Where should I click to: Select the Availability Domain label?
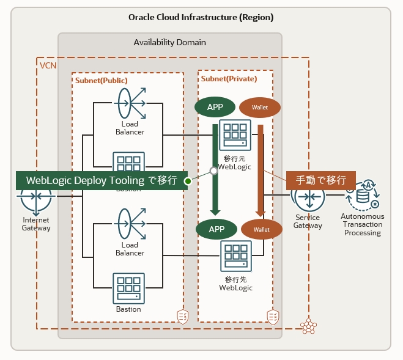point(169,43)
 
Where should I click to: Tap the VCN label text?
point(48,64)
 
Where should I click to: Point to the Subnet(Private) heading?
point(229,79)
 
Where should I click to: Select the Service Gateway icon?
point(308,196)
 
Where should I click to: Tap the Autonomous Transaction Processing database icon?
point(363,194)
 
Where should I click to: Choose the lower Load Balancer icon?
point(130,224)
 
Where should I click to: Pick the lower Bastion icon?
point(128,287)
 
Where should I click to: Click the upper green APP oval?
point(215,107)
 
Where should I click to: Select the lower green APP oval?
point(216,229)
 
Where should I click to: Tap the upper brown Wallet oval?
point(260,108)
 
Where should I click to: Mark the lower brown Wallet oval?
point(262,230)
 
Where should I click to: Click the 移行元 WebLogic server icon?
point(235,134)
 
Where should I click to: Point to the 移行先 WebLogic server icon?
point(235,257)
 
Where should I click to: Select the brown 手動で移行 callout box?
point(321,180)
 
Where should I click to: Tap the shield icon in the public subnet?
point(182,316)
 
